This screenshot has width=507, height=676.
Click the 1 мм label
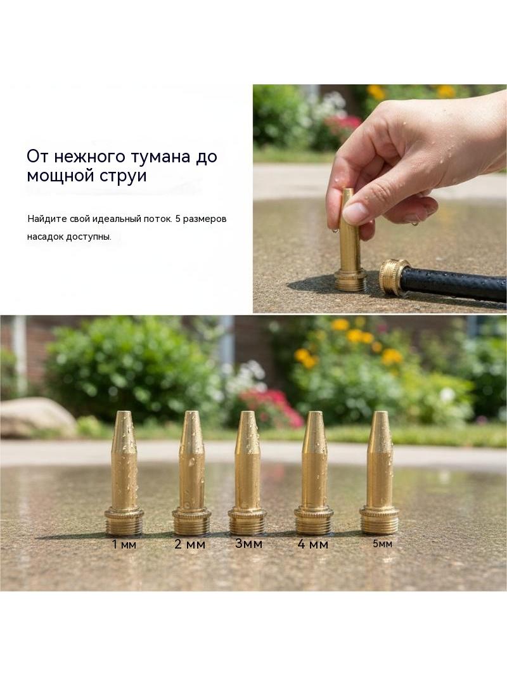124,544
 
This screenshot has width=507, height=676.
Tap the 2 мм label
190,544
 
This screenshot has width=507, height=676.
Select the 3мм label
248,543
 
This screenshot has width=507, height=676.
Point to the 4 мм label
313,544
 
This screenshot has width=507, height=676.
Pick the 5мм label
383,543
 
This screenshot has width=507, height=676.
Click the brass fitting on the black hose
394,277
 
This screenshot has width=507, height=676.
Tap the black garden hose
452,284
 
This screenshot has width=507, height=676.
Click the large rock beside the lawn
38,417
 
